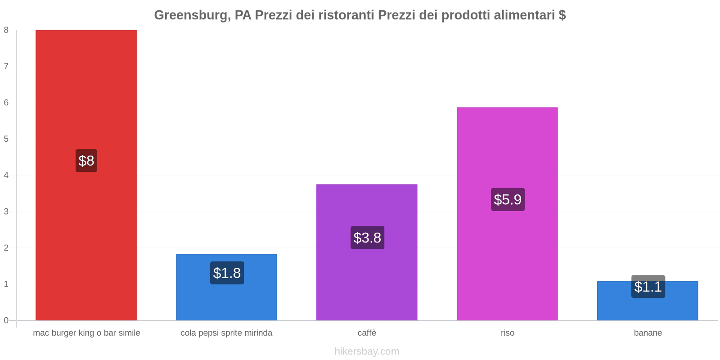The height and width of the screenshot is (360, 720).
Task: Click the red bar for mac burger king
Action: [86, 175]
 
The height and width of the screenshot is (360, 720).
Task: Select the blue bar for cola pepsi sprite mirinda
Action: [227, 288]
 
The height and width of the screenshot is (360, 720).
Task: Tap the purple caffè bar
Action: [367, 252]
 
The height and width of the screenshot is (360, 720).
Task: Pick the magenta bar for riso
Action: [507, 214]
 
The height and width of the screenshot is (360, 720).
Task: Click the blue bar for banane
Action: [648, 301]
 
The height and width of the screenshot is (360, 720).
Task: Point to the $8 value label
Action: [86, 160]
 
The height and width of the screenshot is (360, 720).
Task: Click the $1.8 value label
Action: [227, 273]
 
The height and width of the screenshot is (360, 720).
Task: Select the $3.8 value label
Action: [367, 238]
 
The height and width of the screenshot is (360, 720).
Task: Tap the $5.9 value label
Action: [508, 200]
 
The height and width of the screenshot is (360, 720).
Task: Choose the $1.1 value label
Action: [648, 286]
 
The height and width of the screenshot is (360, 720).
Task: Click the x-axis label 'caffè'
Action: [367, 333]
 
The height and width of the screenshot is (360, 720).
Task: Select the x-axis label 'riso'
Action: [508, 333]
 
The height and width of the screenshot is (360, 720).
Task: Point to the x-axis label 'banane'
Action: [648, 333]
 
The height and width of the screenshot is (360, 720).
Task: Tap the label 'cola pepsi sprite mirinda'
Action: [226, 333]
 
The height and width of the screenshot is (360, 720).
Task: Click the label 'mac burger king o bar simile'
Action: [86, 333]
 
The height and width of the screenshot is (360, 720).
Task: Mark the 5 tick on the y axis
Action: [6, 139]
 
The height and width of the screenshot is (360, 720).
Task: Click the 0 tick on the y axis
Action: [6, 320]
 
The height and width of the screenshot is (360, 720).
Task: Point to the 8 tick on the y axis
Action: [6, 30]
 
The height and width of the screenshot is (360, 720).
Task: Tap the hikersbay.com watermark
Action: [367, 351]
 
